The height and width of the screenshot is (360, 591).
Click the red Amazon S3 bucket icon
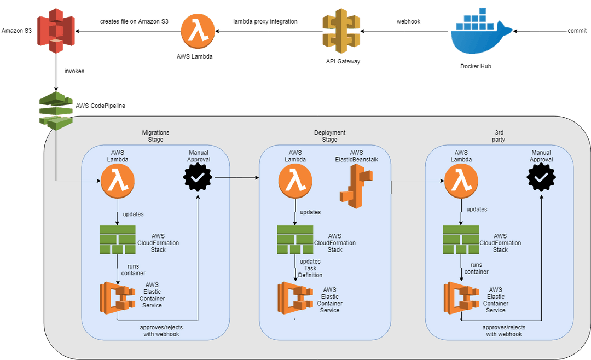coord(56,30)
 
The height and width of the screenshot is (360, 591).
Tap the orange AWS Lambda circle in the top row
coord(195,31)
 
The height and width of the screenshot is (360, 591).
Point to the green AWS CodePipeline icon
coord(55,109)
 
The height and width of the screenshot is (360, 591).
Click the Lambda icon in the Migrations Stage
coord(118,181)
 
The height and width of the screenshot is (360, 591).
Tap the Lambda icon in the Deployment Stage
coord(295,181)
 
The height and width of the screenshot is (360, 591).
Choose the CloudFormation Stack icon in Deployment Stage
coord(295,240)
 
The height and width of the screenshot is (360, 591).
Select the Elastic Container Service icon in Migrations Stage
coord(118,298)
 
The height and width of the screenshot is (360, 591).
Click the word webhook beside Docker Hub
coord(408,21)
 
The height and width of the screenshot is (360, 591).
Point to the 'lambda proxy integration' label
coord(265,21)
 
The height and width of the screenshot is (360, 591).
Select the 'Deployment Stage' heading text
coord(329,136)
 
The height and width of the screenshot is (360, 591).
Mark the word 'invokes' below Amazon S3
coord(74,71)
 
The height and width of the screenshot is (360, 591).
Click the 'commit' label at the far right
coord(577,31)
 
